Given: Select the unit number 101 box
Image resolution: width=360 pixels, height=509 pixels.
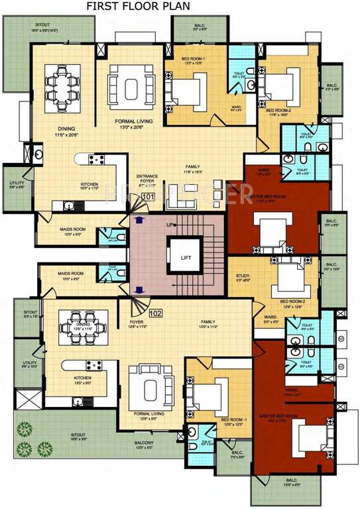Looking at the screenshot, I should [147, 197].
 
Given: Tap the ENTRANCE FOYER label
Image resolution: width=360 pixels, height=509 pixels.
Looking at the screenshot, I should [147, 179].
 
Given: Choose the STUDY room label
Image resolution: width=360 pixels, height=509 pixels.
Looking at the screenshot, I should [243, 278].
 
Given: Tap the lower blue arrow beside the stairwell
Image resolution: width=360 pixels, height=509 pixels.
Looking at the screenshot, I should [139, 289].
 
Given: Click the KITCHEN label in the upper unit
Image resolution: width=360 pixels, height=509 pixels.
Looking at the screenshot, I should [90, 185].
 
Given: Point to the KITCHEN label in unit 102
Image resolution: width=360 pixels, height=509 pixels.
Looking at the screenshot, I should [83, 379].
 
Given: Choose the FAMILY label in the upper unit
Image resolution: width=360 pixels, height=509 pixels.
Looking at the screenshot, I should [193, 168].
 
